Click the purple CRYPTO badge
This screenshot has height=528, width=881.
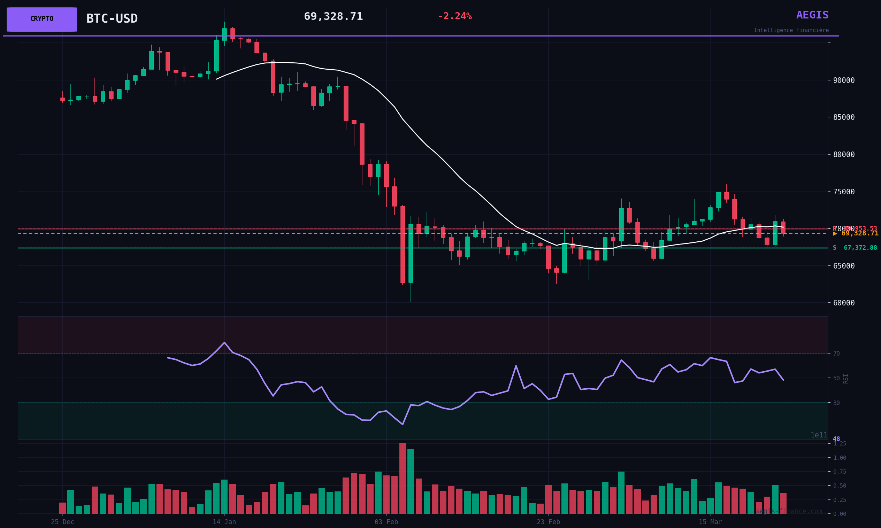(42, 19)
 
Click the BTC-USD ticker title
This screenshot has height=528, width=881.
(112, 19)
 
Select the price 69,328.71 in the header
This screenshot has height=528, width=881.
(333, 17)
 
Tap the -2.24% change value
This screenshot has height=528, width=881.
(454, 16)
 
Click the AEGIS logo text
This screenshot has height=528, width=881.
(812, 15)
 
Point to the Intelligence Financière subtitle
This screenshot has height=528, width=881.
(791, 31)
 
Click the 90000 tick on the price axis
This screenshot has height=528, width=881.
(844, 80)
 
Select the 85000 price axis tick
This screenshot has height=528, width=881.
(844, 117)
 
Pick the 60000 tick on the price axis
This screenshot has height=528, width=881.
(844, 303)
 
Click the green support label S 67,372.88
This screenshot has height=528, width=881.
(855, 248)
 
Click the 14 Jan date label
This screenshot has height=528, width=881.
(224, 522)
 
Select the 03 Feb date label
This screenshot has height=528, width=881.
(386, 522)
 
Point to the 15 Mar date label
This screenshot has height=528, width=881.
(710, 522)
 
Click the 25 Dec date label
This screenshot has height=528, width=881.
(63, 522)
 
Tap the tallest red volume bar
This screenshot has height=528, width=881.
(403, 478)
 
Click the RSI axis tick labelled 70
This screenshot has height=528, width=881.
(836, 354)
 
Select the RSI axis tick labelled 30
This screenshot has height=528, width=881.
(836, 403)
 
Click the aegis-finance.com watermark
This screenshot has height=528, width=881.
(789, 512)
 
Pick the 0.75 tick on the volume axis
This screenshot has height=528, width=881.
(840, 472)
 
